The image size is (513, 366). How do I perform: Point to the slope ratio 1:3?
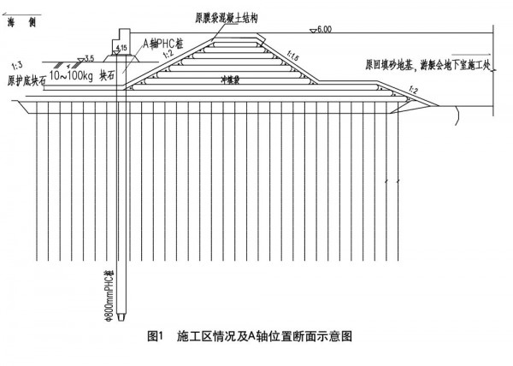tap(15, 64)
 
